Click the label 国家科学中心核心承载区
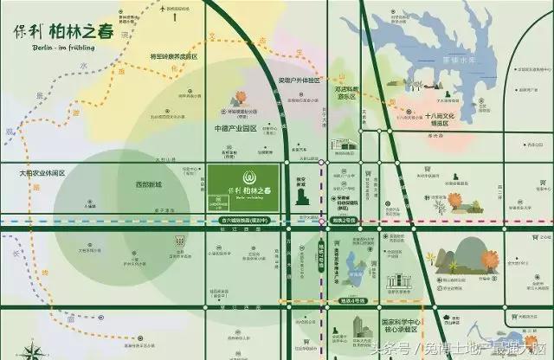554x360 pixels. tap(389, 326)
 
